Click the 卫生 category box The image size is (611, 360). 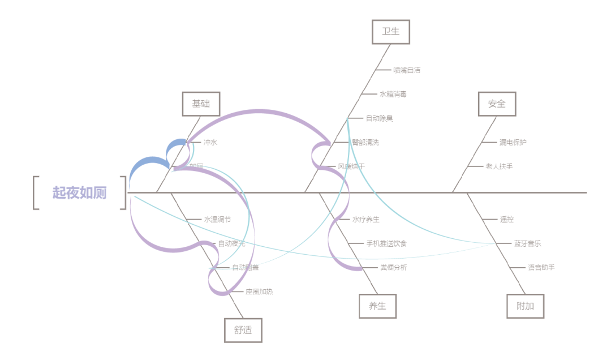(390, 32)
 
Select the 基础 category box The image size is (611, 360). (201, 104)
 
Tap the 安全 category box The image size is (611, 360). (496, 104)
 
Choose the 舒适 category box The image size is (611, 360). (243, 331)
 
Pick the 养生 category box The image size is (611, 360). (377, 306)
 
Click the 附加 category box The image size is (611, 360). (525, 306)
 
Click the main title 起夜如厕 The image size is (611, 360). (80, 192)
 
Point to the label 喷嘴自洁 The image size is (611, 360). (407, 70)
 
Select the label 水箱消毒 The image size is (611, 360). (393, 94)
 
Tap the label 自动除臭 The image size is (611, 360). (379, 118)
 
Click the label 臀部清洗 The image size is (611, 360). (365, 142)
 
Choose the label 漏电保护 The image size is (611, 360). (513, 142)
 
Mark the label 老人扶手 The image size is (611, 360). (499, 166)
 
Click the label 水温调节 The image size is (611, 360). (217, 220)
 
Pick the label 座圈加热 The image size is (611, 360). (259, 292)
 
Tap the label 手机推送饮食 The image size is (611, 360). (386, 243)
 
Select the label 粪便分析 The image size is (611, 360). (393, 268)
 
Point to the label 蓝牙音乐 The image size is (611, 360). (527, 243)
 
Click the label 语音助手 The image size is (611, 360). (541, 268)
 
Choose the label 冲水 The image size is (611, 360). (210, 143)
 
